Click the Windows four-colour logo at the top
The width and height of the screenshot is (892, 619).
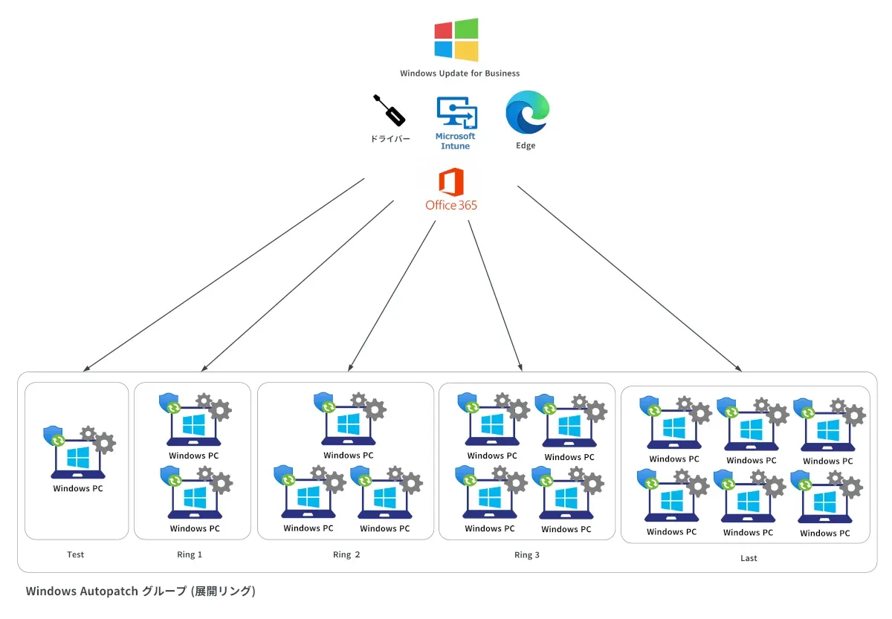click(x=456, y=39)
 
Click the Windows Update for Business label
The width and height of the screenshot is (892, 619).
click(x=459, y=74)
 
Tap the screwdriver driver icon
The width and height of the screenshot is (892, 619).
click(x=389, y=111)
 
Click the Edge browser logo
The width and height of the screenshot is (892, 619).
click(x=526, y=113)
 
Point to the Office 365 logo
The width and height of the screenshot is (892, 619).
click(x=451, y=190)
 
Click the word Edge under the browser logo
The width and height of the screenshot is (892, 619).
click(x=526, y=146)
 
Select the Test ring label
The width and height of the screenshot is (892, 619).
click(x=75, y=554)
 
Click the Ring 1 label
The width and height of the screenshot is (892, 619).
click(x=190, y=554)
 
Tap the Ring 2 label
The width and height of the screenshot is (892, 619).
click(x=346, y=554)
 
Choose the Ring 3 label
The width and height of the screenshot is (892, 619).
click(x=527, y=554)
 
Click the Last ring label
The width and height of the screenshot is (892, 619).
click(x=749, y=558)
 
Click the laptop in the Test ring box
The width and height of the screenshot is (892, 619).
click(x=78, y=458)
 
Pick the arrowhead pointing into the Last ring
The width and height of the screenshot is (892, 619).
click(x=738, y=368)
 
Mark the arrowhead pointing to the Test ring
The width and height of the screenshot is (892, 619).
click(x=87, y=368)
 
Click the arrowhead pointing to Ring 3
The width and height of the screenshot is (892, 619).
click(x=520, y=366)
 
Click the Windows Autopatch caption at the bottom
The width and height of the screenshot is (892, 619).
click(x=140, y=592)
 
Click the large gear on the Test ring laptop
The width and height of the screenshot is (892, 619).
click(x=105, y=444)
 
